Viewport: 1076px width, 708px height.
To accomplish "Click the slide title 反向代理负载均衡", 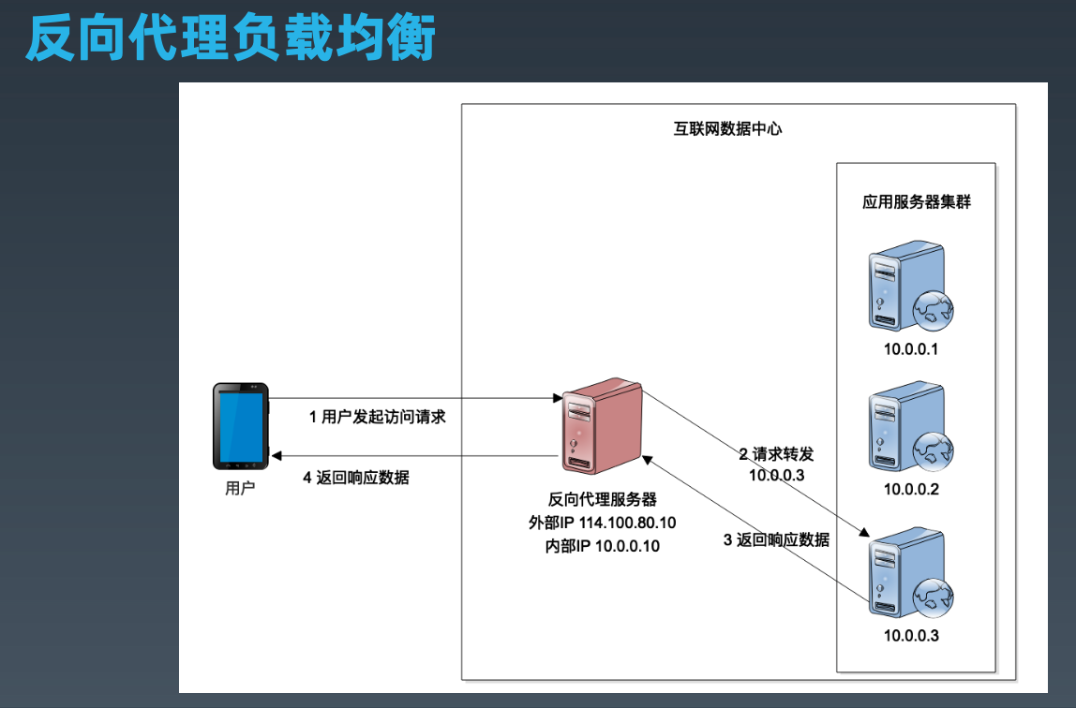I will point(231,39).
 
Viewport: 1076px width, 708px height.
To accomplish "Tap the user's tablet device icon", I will point(241,425).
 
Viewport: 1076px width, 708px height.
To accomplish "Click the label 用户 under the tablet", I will point(240,488).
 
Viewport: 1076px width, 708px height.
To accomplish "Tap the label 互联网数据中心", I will point(727,129).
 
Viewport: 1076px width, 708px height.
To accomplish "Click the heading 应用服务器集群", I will point(916,201).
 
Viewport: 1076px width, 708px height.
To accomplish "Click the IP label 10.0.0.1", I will point(911,350).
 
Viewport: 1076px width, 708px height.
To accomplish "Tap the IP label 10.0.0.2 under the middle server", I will point(911,489).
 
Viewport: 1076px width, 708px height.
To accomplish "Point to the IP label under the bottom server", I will point(911,637).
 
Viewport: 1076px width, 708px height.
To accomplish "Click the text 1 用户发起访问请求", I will point(378,417).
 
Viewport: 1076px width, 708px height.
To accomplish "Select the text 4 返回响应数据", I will point(356,477).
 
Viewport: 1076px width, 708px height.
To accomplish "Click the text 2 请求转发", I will point(776,454).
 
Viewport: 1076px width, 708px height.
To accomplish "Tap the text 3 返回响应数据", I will point(776,539).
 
